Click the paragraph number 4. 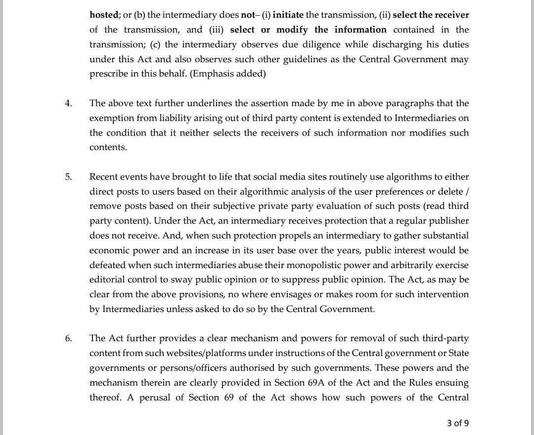[68, 103]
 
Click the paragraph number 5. [68, 177]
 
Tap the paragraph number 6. [68, 338]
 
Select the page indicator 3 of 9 [457, 423]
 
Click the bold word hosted [103, 15]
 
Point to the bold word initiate [288, 15]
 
